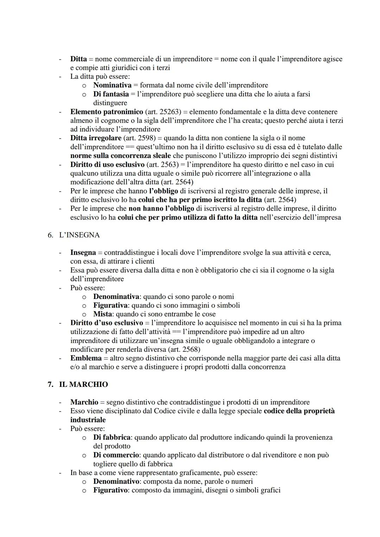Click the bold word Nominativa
[x=112, y=85]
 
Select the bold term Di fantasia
[x=111, y=94]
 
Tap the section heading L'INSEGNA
[x=79, y=235]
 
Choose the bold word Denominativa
[x=116, y=296]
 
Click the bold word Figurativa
[x=110, y=305]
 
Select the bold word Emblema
[x=86, y=358]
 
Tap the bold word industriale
[x=88, y=420]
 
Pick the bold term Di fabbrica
[x=112, y=437]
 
